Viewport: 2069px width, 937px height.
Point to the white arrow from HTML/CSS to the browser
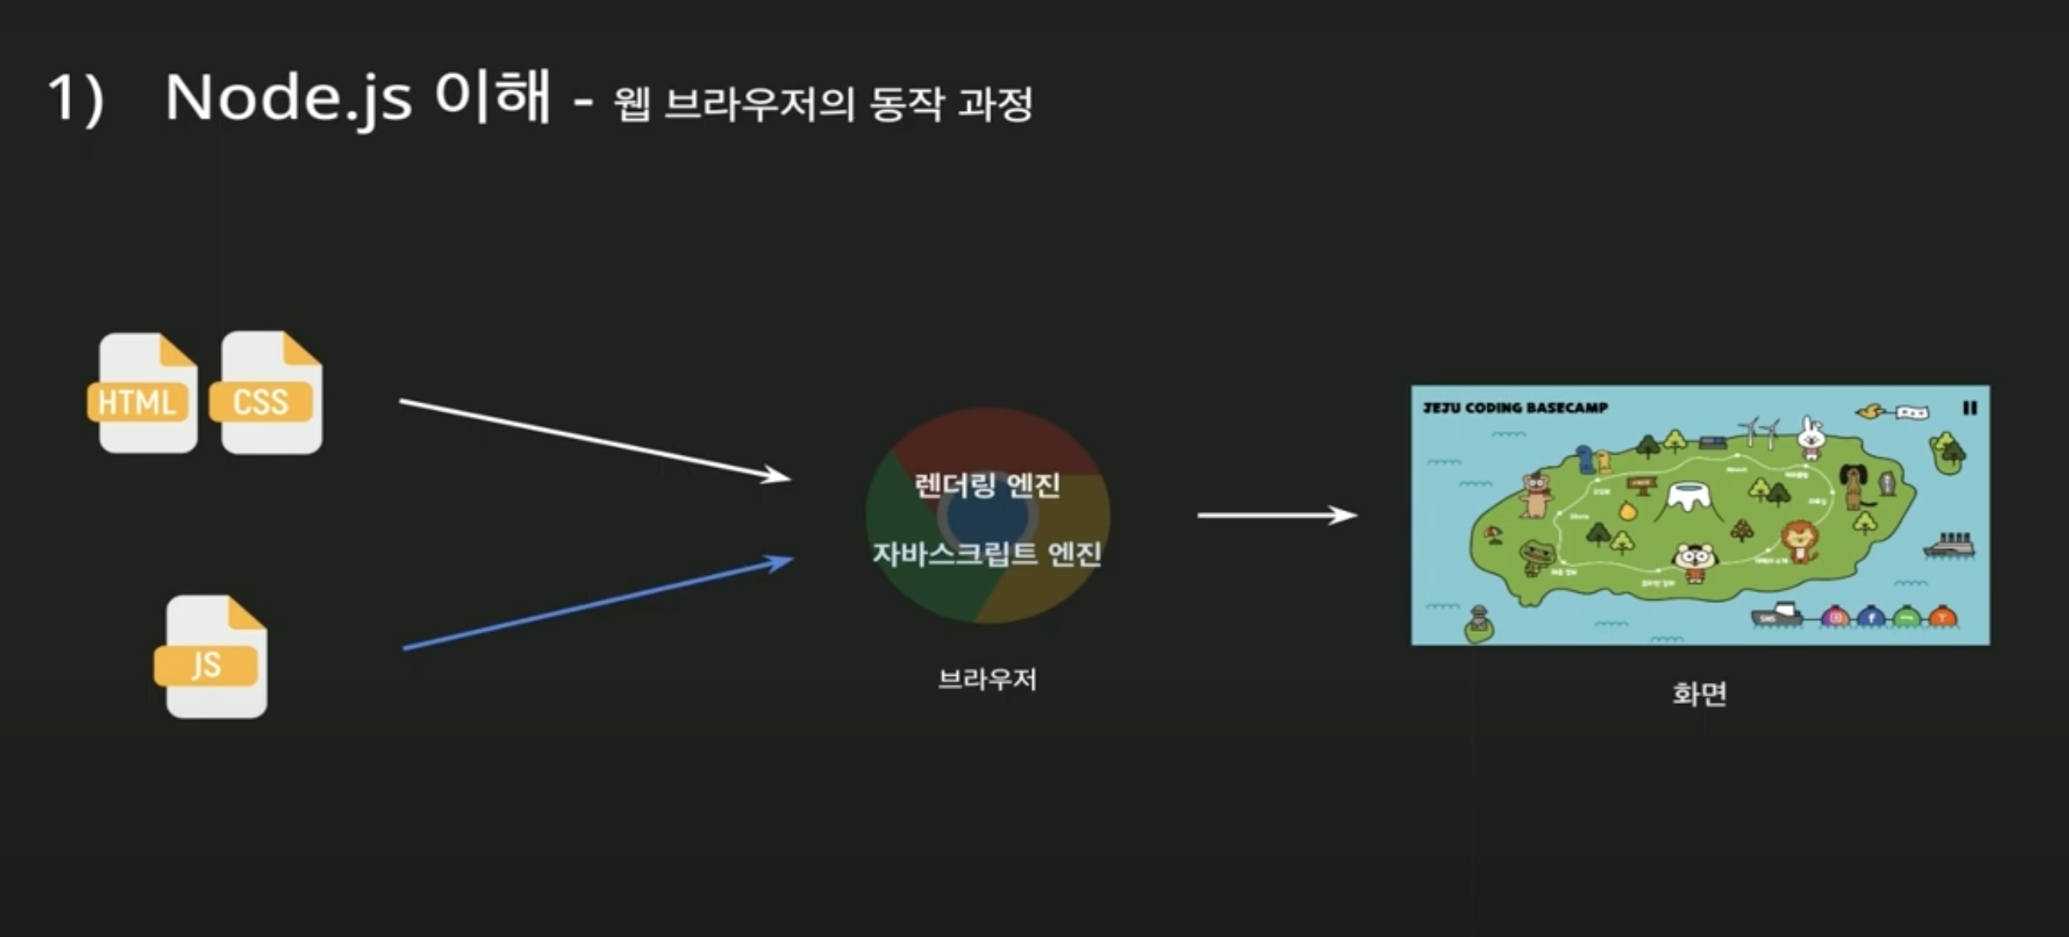[x=594, y=439]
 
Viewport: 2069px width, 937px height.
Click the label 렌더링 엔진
[x=987, y=485]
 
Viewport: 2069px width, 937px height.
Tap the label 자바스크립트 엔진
[x=987, y=554]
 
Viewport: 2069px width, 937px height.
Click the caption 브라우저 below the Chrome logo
[x=987, y=679]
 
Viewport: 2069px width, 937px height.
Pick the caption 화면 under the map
[x=1698, y=693]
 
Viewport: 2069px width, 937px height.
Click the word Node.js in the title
[x=288, y=99]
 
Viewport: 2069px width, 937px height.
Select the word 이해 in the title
[x=492, y=97]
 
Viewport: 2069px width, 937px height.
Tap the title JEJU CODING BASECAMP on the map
[x=1515, y=408]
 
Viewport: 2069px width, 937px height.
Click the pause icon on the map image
[x=1969, y=408]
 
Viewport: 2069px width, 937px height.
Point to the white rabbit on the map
[x=1810, y=437]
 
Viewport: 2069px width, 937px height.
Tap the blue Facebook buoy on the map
[x=1872, y=617]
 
